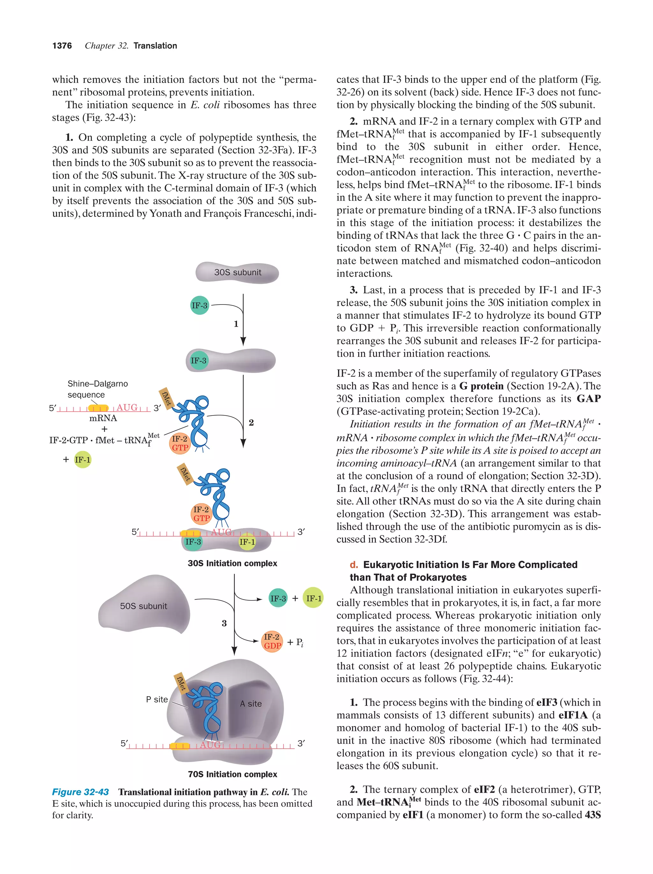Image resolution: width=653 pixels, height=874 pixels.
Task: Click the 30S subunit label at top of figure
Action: click(x=238, y=272)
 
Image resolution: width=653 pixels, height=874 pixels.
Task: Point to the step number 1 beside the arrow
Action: click(x=236, y=324)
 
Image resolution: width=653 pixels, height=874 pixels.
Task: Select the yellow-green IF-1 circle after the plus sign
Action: click(x=83, y=459)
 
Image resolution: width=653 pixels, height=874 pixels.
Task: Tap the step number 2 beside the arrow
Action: click(x=251, y=422)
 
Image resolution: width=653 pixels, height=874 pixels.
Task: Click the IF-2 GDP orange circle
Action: click(x=272, y=641)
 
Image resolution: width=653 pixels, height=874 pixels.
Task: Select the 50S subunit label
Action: click(x=143, y=606)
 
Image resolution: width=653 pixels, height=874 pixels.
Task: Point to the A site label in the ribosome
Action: click(x=251, y=703)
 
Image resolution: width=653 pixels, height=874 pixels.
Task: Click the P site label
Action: click(x=157, y=699)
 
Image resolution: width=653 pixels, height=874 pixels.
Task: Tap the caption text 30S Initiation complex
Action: click(x=232, y=563)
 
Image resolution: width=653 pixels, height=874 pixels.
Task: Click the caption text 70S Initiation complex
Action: click(x=232, y=774)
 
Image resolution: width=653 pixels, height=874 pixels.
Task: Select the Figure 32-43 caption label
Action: click(x=80, y=792)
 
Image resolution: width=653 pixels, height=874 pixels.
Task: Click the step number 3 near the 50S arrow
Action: click(x=224, y=623)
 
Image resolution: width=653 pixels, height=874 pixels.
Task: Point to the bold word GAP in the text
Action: click(x=589, y=398)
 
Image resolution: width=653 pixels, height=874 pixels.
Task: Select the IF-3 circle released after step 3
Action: click(x=278, y=598)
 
